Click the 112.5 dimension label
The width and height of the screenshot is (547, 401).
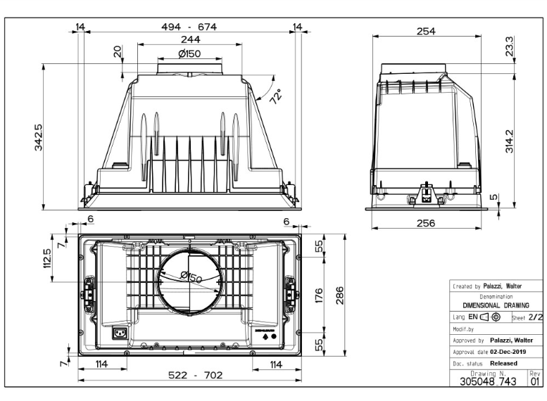[x=47, y=257]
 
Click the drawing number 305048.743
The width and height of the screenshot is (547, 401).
[x=487, y=381]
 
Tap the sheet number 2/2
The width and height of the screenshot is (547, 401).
[x=536, y=318]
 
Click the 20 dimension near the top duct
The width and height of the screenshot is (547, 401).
[x=117, y=51]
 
